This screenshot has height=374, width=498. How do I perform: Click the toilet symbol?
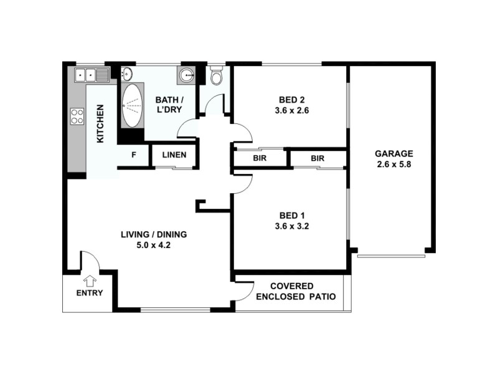216,77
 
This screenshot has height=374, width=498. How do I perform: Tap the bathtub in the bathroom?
131,105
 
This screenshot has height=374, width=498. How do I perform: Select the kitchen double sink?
92,75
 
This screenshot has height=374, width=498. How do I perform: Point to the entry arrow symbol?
90,280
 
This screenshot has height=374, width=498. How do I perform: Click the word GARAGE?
393,154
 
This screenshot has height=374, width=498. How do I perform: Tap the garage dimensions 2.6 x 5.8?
393,165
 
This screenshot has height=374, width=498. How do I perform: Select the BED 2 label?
291,99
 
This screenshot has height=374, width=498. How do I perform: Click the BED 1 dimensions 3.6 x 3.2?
291,227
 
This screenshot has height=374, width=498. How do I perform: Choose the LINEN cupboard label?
174,155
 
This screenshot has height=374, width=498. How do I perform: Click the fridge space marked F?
134,155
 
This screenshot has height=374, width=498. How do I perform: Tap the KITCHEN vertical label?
100,124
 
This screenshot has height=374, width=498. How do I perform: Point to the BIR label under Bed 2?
260,158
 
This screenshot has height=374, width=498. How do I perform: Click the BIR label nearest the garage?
317,158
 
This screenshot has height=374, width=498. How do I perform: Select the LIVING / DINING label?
153,234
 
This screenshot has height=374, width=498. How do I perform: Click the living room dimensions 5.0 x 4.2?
153,245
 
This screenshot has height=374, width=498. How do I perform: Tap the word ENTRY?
89,293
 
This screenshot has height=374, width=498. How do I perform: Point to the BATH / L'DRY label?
169,104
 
